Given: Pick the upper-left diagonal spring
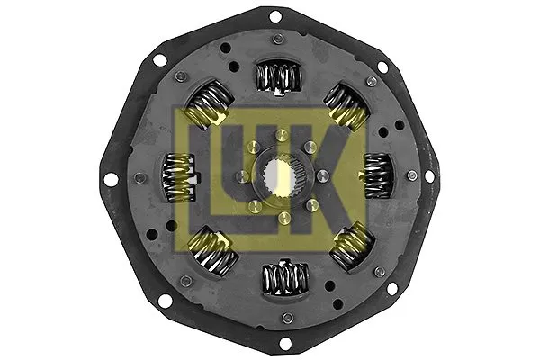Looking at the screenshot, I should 210,103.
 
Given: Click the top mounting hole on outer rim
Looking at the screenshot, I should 274,17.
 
